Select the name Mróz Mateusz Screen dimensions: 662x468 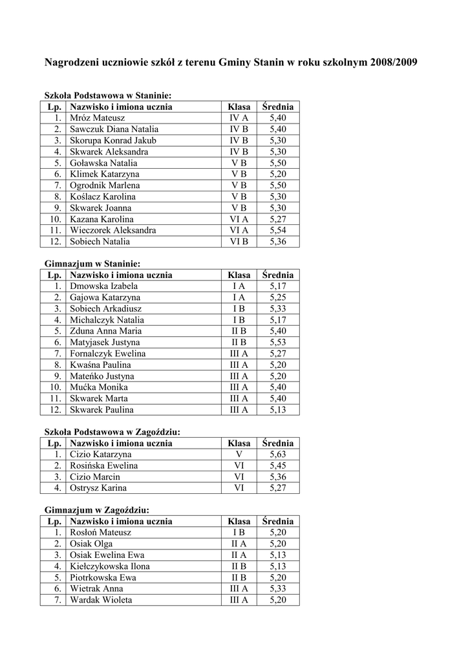tap(98, 118)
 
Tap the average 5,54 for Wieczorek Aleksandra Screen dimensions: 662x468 tap(278, 230)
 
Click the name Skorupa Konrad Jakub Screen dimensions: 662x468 tap(113, 140)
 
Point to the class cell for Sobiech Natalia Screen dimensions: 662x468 tap(239, 242)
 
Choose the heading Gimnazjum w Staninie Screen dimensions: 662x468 tap(92, 264)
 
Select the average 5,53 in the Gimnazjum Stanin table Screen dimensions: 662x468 tap(278, 343)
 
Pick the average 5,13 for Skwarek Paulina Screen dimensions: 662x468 tap(278, 410)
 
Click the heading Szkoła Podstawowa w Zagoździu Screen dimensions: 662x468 tap(112, 432)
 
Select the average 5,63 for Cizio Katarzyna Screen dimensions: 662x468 tap(278, 454)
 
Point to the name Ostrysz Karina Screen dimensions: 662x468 tap(98, 488)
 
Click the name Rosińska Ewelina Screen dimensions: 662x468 tap(104, 465)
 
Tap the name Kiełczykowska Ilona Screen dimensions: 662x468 tap(110, 566)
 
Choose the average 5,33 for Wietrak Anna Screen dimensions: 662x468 tap(278, 589)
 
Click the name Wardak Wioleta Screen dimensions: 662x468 tap(101, 600)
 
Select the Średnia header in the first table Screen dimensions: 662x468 tap(278, 107)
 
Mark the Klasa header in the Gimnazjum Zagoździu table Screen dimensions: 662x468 tap(239, 521)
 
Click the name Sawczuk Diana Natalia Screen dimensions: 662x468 tap(114, 129)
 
